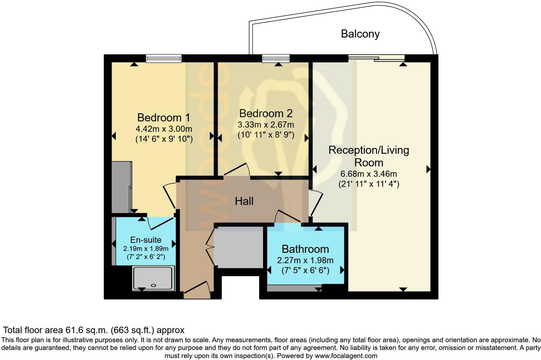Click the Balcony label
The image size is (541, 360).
coord(360,34)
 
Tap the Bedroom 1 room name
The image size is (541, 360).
coord(163,117)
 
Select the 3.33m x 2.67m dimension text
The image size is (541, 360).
coord(266,125)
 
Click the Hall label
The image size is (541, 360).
coord(244,201)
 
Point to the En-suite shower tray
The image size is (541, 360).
coord(154,278)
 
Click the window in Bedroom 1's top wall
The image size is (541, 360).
coord(163,58)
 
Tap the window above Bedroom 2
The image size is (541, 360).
coord(276,58)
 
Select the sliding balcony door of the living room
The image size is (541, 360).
coord(376,58)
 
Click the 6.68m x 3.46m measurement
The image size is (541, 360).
coord(369,174)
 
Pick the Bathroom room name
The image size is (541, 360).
coord(305,249)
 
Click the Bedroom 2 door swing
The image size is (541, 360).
coord(237,170)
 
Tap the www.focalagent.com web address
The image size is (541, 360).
coord(346,356)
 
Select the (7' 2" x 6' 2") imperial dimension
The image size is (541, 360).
coord(146,257)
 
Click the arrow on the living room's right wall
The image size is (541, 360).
coord(428,169)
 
